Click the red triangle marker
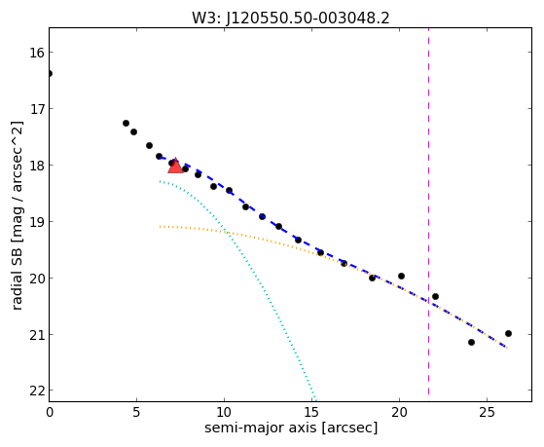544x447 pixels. click(175, 167)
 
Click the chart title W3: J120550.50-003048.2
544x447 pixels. click(291, 18)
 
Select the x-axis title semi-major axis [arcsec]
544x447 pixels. click(291, 428)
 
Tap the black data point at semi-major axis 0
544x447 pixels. click(50, 73)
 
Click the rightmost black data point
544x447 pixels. click(508, 333)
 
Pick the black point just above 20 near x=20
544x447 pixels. click(401, 277)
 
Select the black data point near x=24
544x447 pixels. click(471, 342)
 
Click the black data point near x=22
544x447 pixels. click(435, 296)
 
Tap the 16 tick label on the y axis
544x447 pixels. click(36, 53)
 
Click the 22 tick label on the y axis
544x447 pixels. click(36, 391)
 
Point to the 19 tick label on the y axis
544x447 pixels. click(36, 222)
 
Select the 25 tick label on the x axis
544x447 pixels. click(487, 412)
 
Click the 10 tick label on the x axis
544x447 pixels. click(224, 412)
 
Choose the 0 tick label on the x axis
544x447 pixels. click(50, 412)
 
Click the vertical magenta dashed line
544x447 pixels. click(428, 211)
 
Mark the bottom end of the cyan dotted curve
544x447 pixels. click(315, 399)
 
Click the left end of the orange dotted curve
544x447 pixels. click(160, 227)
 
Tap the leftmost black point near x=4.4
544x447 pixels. click(126, 123)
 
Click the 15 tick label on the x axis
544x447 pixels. click(311, 412)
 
